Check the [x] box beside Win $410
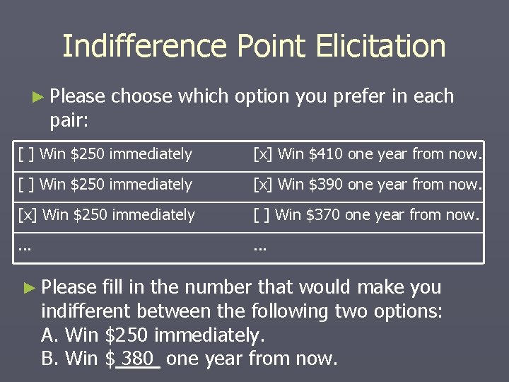pyautogui.click(x=264, y=154)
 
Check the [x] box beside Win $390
pyautogui.click(x=264, y=185)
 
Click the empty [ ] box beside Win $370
pyautogui.click(x=262, y=215)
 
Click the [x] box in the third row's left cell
pyautogui.click(x=28, y=215)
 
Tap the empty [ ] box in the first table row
pyautogui.click(x=26, y=154)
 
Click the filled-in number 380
pyautogui.click(x=138, y=359)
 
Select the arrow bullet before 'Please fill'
pyautogui.click(x=28, y=288)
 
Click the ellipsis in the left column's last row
pyautogui.click(x=25, y=248)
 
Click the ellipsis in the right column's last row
pyautogui.click(x=260, y=248)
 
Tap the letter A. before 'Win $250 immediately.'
pyautogui.click(x=50, y=335)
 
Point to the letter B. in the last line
pyautogui.click(x=50, y=359)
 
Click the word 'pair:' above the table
pyautogui.click(x=69, y=120)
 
